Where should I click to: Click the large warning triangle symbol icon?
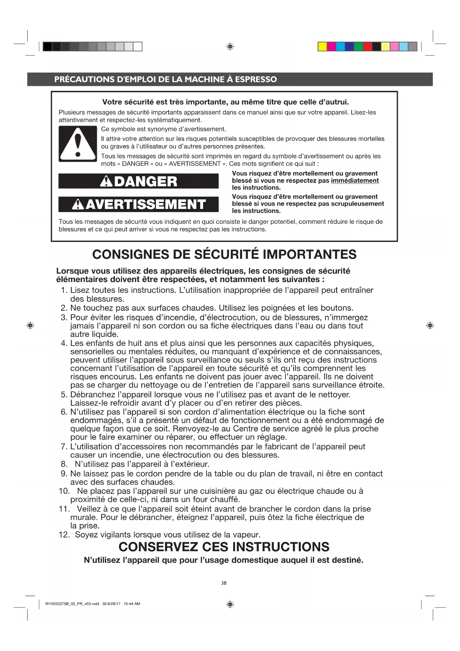[77, 144]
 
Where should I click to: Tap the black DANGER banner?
[138, 181]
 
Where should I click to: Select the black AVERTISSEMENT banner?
[138, 204]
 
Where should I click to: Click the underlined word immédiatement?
[355, 181]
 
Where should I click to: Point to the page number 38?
[224, 583]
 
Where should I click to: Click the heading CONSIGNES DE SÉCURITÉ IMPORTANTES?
[224, 255]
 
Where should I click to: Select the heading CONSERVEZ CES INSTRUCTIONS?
[224, 547]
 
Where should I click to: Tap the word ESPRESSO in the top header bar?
[256, 79]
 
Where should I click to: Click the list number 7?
[64, 446]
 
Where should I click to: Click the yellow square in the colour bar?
[322, 46]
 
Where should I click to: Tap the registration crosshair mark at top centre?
[230, 46]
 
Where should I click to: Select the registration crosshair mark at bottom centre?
[230, 604]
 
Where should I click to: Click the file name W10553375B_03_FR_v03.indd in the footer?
[72, 604]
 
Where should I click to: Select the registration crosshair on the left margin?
[30, 325]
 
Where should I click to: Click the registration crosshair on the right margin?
[430, 325]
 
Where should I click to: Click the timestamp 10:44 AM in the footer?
[132, 604]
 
